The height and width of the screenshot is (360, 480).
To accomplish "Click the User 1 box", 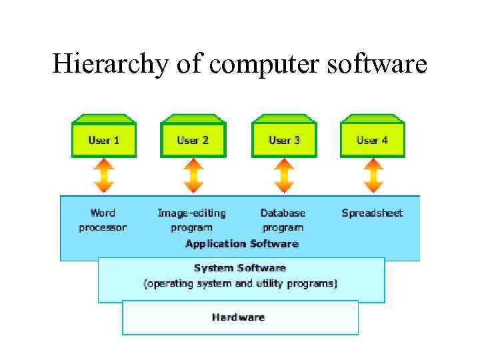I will [104, 140].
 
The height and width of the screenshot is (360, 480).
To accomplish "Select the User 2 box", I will [193, 140].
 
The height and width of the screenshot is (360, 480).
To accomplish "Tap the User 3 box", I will [284, 140].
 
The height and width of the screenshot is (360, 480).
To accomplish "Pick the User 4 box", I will [372, 140].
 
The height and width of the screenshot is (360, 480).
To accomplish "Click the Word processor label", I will [103, 220].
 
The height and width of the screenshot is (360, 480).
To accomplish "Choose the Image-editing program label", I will [192, 220].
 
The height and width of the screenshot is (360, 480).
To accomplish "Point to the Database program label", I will [283, 220].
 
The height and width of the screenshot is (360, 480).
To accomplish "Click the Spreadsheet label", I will [373, 213].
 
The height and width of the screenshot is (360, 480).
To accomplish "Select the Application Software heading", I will [242, 244].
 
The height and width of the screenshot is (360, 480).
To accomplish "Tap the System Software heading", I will [240, 268].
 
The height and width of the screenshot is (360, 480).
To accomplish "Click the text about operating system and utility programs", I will [241, 283].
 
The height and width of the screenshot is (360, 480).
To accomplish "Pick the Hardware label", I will [238, 317].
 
